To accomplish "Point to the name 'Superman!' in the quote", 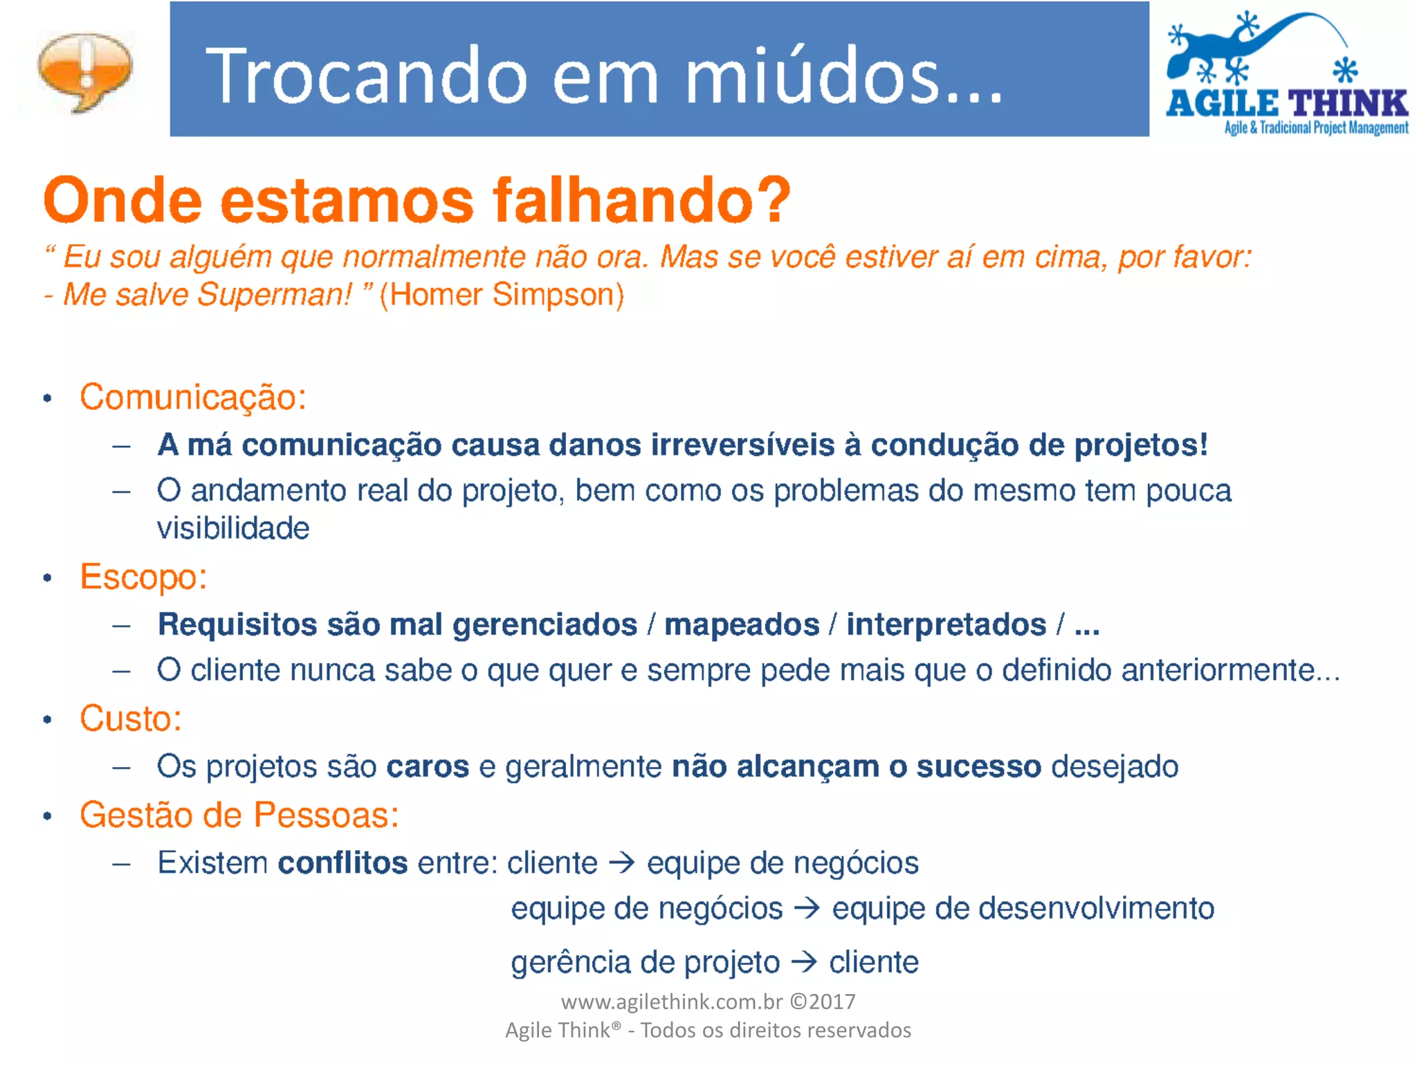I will tap(275, 294).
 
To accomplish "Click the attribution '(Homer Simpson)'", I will tap(502, 294).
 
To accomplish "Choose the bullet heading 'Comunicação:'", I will tap(193, 397).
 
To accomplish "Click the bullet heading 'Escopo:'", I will tap(143, 577).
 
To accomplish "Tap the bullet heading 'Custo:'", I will tap(131, 719).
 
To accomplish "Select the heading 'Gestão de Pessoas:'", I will tap(239, 815).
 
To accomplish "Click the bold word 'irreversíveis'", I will tap(742, 444).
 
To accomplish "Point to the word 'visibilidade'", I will tap(233, 528).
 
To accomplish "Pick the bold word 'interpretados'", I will tap(946, 624).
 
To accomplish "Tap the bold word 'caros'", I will tap(428, 767).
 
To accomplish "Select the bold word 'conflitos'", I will tap(342, 863).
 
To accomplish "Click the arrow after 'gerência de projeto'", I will tap(804, 961).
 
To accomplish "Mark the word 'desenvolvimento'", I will tap(1075, 908).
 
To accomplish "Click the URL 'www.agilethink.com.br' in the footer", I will tap(671, 1002).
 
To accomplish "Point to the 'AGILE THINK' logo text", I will tap(1287, 104).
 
